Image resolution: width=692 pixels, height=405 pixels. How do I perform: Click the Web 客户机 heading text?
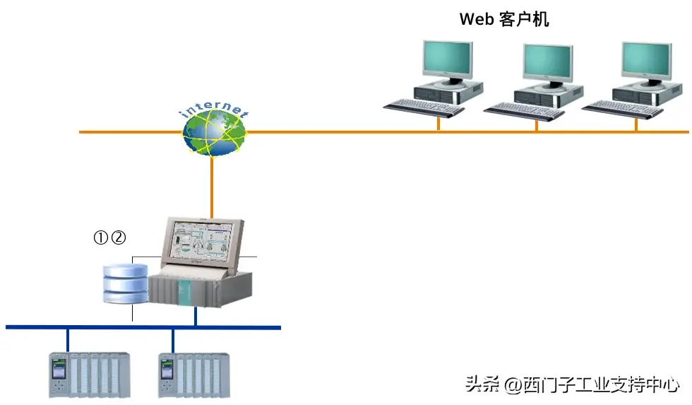coord(504,19)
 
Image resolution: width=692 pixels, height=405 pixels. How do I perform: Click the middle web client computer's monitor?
coord(547,64)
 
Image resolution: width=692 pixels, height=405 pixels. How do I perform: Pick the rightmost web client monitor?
coord(645,61)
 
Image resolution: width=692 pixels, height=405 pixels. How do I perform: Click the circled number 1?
coord(101,238)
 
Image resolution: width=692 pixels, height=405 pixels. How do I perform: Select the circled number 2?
coord(118,238)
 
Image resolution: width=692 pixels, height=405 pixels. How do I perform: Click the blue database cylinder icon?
coord(125,283)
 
